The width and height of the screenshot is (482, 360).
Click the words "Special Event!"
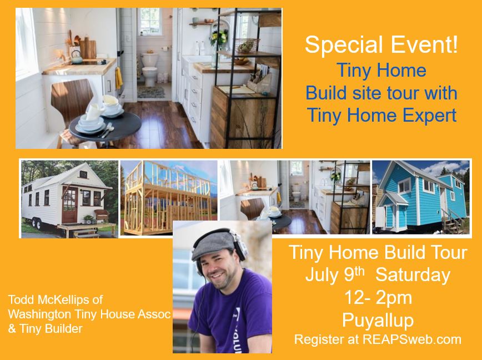[x=381, y=44]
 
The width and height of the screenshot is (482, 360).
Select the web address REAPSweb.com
[x=412, y=339]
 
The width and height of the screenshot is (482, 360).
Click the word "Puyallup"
[x=378, y=321]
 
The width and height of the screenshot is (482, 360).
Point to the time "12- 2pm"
[x=378, y=298]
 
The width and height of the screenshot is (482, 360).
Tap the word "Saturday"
[x=413, y=274]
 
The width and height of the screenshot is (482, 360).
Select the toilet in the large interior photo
[x=150, y=69]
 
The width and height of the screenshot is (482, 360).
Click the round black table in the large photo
[x=105, y=126]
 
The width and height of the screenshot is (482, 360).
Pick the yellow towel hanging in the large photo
[x=119, y=78]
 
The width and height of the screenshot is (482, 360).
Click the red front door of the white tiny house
[x=70, y=205]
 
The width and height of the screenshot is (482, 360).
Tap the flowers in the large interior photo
[x=219, y=37]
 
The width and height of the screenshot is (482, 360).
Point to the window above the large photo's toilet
[x=150, y=22]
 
